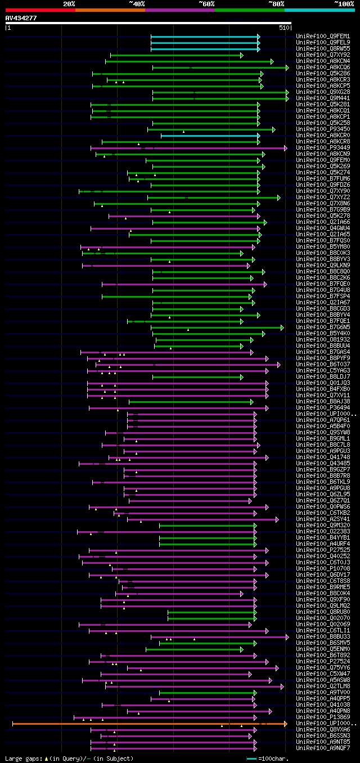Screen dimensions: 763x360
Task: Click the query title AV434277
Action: pos(21,18)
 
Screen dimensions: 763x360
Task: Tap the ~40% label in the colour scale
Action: pos(137,4)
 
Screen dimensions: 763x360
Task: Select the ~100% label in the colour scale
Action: pos(344,4)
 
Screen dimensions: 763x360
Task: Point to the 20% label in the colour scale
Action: pos(69,4)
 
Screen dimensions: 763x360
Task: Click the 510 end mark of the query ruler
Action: pos(283,27)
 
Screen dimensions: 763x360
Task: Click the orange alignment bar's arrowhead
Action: pos(285,724)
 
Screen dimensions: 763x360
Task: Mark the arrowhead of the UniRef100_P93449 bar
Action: pos(285,148)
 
